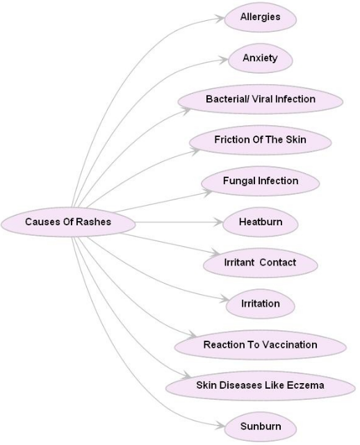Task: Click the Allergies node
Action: [260, 17]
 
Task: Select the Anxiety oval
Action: [260, 58]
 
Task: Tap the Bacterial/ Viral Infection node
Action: [260, 99]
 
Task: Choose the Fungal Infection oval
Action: [260, 181]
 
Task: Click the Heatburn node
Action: [260, 222]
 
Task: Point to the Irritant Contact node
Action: [260, 263]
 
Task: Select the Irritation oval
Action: [260, 304]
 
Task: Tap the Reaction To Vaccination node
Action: [260, 345]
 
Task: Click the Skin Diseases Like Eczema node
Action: [260, 385]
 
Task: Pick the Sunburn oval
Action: [260, 426]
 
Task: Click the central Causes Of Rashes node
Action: [67, 222]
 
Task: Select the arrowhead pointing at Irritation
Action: [225, 302]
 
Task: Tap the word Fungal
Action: [238, 181]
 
